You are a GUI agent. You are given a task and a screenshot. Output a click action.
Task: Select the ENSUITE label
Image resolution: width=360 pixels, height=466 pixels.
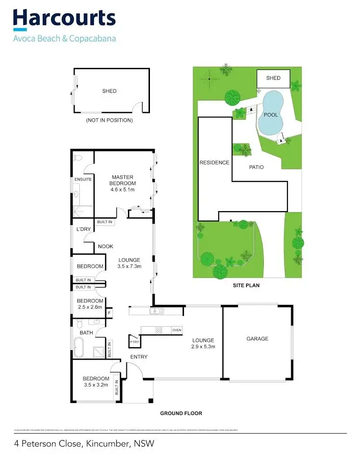point(82,180)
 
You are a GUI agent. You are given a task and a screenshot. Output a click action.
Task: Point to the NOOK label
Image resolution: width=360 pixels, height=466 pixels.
point(106,246)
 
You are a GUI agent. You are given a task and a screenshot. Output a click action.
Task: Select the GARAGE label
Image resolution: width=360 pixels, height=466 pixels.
point(258,339)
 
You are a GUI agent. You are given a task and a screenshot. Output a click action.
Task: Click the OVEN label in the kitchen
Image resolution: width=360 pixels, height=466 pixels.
point(177,330)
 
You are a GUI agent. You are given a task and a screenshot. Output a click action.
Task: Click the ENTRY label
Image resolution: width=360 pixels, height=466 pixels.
point(139,357)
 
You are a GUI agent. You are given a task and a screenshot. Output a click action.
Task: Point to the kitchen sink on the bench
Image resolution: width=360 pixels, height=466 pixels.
point(155,311)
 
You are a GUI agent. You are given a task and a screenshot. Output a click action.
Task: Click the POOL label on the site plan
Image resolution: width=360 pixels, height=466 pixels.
point(271,115)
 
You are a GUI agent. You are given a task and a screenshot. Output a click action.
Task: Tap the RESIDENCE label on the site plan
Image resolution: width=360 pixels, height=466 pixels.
point(214,163)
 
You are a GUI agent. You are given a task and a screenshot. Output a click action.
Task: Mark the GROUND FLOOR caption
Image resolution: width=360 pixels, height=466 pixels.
point(181,413)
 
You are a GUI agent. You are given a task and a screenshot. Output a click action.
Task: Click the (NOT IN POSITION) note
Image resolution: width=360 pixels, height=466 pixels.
point(109,120)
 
